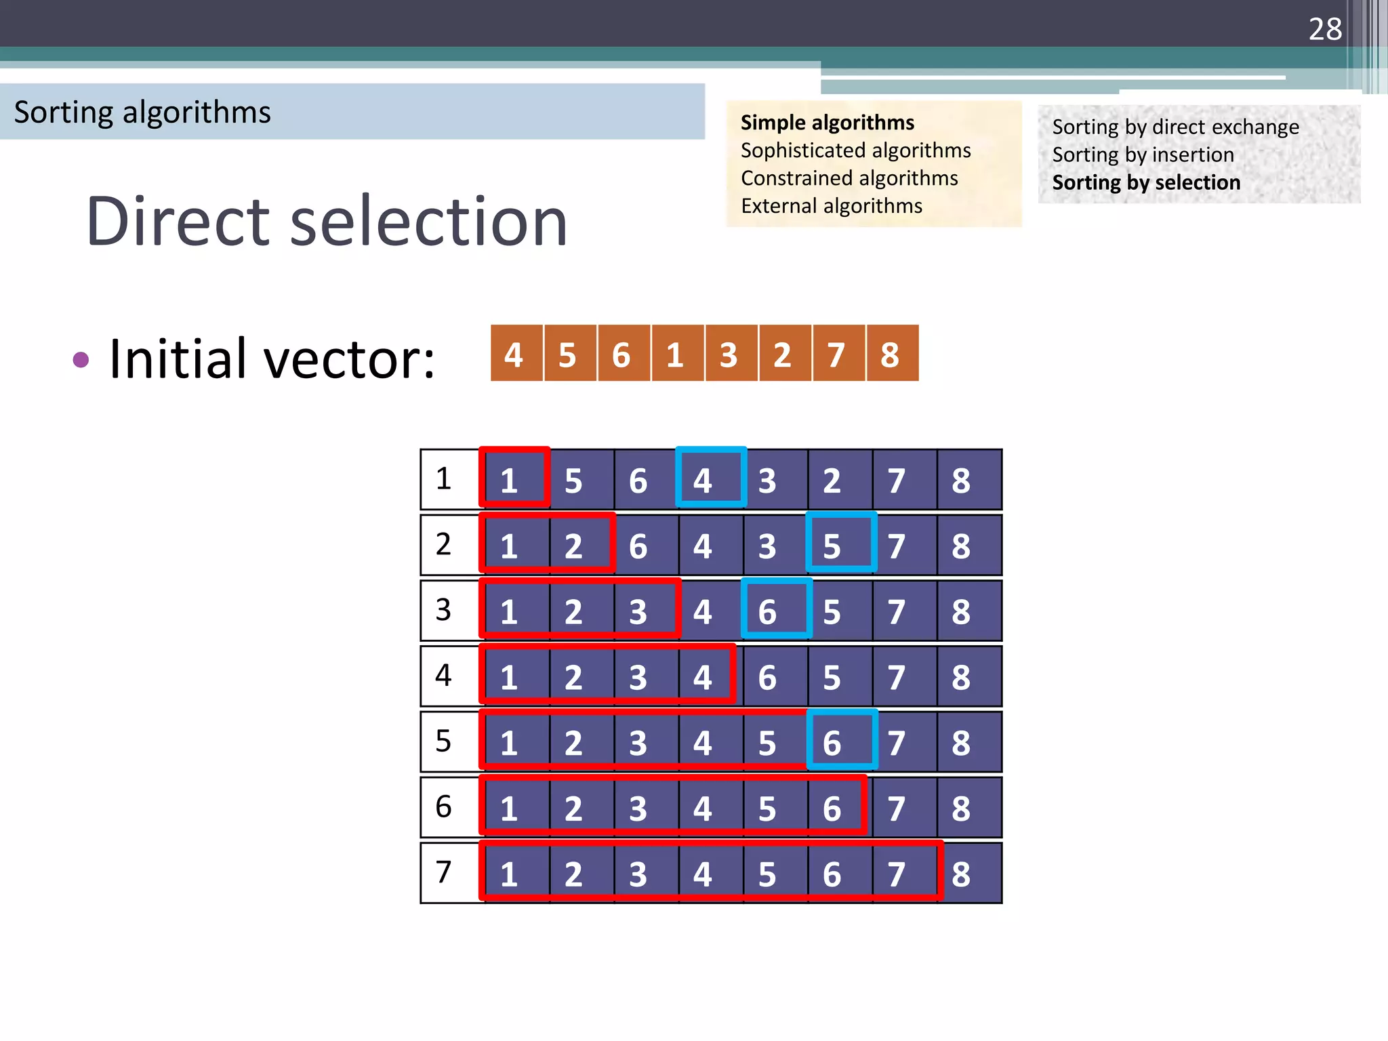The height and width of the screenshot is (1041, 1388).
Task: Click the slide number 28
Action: point(1324,29)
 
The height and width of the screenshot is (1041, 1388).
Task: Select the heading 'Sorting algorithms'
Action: point(142,113)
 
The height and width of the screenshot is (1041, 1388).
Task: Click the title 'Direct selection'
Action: point(327,221)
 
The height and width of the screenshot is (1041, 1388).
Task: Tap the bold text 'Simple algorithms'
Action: point(827,123)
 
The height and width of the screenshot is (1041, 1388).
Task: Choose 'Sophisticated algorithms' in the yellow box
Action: point(855,150)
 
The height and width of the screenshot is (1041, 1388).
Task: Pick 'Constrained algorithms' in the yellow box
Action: point(849,178)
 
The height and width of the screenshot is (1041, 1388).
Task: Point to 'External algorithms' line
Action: point(832,206)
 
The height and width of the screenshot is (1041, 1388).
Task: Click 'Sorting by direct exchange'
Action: point(1175,127)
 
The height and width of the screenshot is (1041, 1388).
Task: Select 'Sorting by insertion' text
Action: point(1143,155)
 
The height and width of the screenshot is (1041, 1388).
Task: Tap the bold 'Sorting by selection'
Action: point(1146,183)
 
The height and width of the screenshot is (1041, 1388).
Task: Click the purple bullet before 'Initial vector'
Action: point(81,359)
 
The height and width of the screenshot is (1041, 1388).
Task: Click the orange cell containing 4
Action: point(514,354)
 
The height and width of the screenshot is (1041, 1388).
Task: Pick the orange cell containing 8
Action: point(891,354)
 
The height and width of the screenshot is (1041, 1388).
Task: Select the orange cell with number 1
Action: point(675,354)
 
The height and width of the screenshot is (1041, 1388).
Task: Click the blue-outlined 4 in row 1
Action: point(710,479)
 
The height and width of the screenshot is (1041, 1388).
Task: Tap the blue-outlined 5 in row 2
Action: point(840,544)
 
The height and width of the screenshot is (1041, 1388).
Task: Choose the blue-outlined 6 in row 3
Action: point(776,610)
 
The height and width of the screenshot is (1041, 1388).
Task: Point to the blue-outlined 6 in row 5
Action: point(840,741)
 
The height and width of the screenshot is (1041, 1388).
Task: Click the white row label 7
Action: point(445,872)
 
